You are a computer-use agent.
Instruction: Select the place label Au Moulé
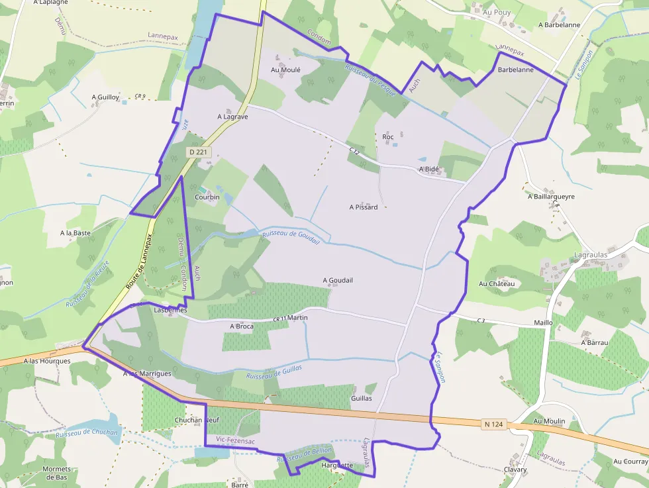pyautogui.click(x=286, y=70)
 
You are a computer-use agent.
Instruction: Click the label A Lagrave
pyautogui.click(x=232, y=117)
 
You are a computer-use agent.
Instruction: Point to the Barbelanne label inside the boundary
pyautogui.click(x=516, y=70)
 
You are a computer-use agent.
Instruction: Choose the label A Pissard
pyautogui.click(x=364, y=207)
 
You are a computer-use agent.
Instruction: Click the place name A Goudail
pyautogui.click(x=338, y=280)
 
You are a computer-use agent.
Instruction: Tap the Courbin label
pyautogui.click(x=207, y=197)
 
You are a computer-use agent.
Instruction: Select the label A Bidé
pyautogui.click(x=429, y=170)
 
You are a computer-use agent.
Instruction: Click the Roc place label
pyautogui.click(x=388, y=137)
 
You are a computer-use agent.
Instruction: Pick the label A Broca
pyautogui.click(x=242, y=326)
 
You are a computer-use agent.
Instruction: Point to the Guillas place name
pyautogui.click(x=362, y=399)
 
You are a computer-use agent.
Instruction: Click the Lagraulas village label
pyautogui.click(x=591, y=254)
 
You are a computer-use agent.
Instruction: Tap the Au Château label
pyautogui.click(x=497, y=283)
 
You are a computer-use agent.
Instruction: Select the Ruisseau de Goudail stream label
pyautogui.click(x=291, y=234)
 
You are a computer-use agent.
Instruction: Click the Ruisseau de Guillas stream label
pyautogui.click(x=274, y=372)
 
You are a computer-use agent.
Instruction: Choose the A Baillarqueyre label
pyautogui.click(x=551, y=197)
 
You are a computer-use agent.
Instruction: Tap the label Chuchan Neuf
pyautogui.click(x=196, y=420)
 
